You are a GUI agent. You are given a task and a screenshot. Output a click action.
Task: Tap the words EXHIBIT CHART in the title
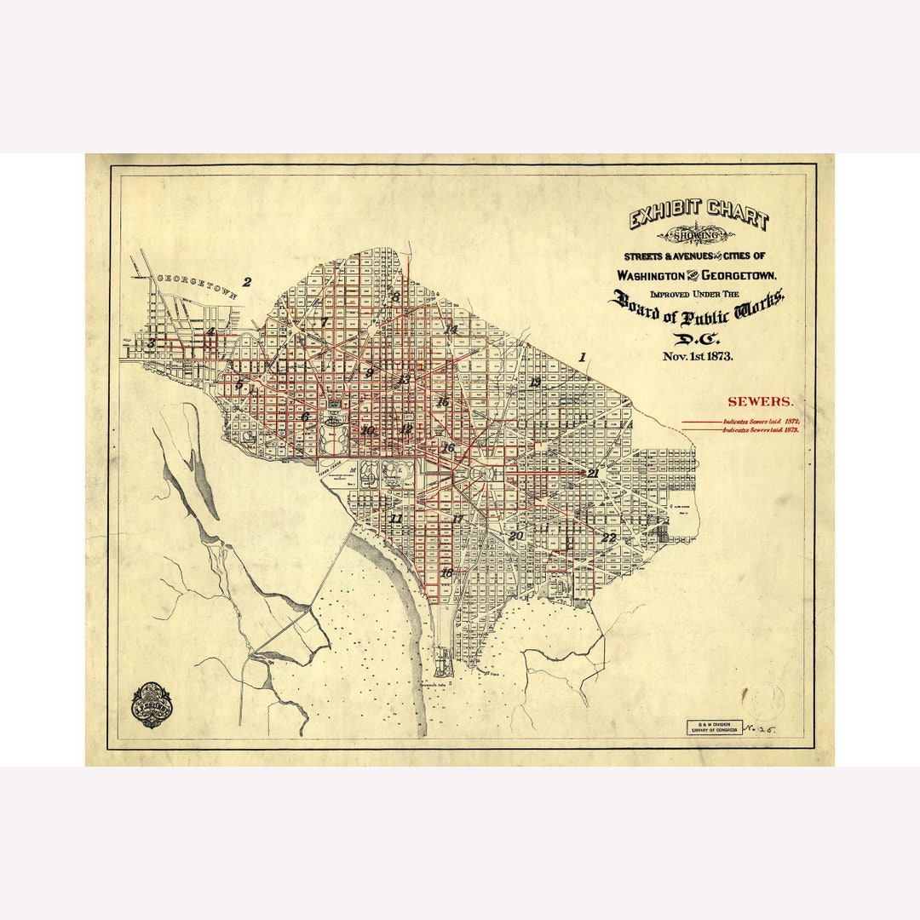pos(699,214)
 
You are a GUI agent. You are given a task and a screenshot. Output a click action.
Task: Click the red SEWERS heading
pos(760,401)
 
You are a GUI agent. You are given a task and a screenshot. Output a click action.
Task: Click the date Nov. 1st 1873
pos(697,356)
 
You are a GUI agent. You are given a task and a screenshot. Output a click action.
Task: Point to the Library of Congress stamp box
pos(714,727)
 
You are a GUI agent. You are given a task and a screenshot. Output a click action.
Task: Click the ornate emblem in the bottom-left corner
pos(152,704)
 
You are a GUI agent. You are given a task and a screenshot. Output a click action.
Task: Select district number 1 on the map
pos(583,358)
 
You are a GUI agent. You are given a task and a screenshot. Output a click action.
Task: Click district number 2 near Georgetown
pos(247,283)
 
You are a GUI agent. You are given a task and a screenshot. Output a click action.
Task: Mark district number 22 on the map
pos(608,538)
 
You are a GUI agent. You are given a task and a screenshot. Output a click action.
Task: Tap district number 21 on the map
pos(592,473)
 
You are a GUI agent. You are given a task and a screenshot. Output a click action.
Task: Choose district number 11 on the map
pos(395,518)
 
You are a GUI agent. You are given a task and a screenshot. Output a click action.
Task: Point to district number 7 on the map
pos(324,323)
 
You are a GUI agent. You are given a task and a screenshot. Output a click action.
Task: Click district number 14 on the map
pos(451,329)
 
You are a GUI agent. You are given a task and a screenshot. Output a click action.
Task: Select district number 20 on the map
pos(515,537)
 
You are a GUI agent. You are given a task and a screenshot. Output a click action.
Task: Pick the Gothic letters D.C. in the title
pos(697,338)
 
